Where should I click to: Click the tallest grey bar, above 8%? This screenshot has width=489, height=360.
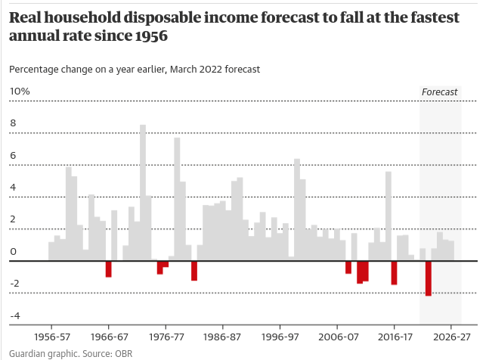point(143,192)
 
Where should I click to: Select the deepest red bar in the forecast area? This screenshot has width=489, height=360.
point(429,278)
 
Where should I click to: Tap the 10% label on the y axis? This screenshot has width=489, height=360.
point(20,92)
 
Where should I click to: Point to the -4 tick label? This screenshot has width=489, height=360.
point(15,315)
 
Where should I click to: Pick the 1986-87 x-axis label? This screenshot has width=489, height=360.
point(222,337)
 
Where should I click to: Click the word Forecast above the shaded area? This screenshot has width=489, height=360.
point(440,92)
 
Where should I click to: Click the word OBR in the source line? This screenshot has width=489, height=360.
point(124,353)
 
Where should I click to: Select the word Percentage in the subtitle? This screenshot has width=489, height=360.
point(36,69)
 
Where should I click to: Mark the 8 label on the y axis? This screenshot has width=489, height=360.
point(13,123)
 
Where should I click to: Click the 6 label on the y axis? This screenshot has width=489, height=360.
point(13,155)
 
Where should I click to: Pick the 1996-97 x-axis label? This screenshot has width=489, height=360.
point(280,337)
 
